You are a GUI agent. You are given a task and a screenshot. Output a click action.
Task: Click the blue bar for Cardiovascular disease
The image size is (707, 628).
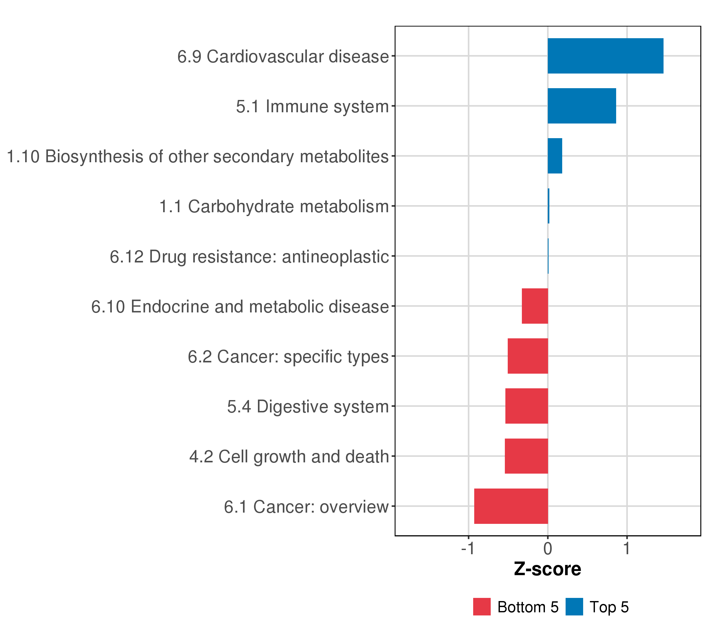coord(605,56)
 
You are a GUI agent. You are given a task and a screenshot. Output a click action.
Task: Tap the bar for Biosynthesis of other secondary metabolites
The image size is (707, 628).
coord(555,156)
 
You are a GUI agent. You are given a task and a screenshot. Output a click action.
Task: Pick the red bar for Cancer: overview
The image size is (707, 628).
coord(511,506)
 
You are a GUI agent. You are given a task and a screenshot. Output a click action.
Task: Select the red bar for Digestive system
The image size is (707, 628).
coord(526,406)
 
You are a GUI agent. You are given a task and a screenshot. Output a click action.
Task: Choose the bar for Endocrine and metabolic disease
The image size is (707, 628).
coord(535,306)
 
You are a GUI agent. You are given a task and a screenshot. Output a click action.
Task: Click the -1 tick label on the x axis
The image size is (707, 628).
coord(468,549)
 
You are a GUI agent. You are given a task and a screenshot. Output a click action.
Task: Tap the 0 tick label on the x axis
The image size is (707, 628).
coord(548,549)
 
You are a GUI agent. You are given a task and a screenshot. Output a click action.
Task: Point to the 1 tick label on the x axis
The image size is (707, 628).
coord(626,549)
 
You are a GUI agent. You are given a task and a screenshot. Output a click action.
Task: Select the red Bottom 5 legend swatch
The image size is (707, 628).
coord(482,607)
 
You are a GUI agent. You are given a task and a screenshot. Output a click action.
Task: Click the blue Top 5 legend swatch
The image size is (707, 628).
coord(574,607)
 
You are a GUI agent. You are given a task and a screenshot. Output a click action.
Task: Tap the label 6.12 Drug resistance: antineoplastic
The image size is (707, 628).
coord(249,257)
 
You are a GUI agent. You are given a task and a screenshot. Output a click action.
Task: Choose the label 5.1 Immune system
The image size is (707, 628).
coord(312,106)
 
